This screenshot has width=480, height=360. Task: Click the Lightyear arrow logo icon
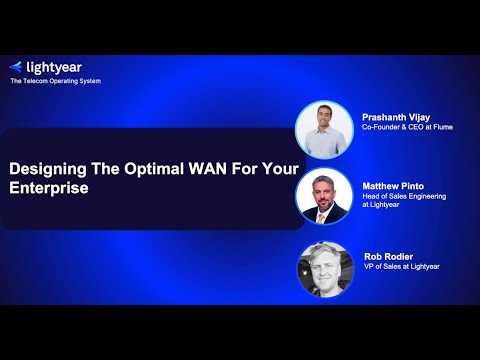click(x=15, y=66)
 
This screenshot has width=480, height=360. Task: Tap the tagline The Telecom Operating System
click(x=55, y=81)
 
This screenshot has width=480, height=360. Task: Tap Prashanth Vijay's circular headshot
click(x=324, y=130)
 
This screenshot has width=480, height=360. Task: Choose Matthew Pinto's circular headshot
click(x=324, y=196)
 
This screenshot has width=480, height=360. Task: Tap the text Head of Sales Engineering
click(x=405, y=196)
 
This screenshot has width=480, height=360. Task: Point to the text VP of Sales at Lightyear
click(x=401, y=266)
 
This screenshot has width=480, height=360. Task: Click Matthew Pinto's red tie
click(x=324, y=213)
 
